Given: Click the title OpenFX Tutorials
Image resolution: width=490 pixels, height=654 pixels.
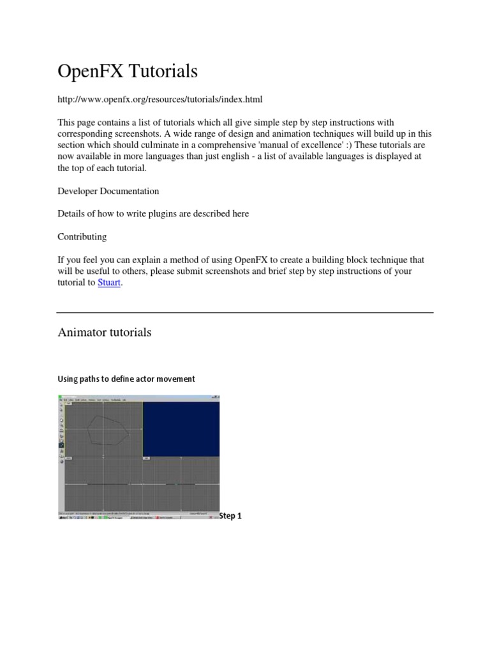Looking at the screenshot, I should point(128,72).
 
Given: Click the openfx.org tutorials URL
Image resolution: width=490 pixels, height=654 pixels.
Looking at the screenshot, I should point(160,100).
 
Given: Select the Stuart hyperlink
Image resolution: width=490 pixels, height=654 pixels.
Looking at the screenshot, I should point(109,282).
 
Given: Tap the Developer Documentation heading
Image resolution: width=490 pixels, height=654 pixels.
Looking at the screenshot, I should point(108,191).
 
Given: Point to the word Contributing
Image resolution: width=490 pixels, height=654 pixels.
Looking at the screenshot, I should point(82,236).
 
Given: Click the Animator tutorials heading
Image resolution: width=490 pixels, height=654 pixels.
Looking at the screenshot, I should point(105,332).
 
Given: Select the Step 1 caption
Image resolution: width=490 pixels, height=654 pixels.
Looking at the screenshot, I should point(230,515).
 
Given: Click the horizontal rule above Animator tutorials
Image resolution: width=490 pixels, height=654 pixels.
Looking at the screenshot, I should point(245,312).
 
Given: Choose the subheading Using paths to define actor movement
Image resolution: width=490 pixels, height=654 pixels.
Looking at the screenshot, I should point(126,379).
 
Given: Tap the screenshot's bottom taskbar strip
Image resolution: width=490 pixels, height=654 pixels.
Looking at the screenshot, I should point(138,517).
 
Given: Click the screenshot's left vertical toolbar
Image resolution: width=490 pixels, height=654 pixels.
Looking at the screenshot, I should point(61,434).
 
